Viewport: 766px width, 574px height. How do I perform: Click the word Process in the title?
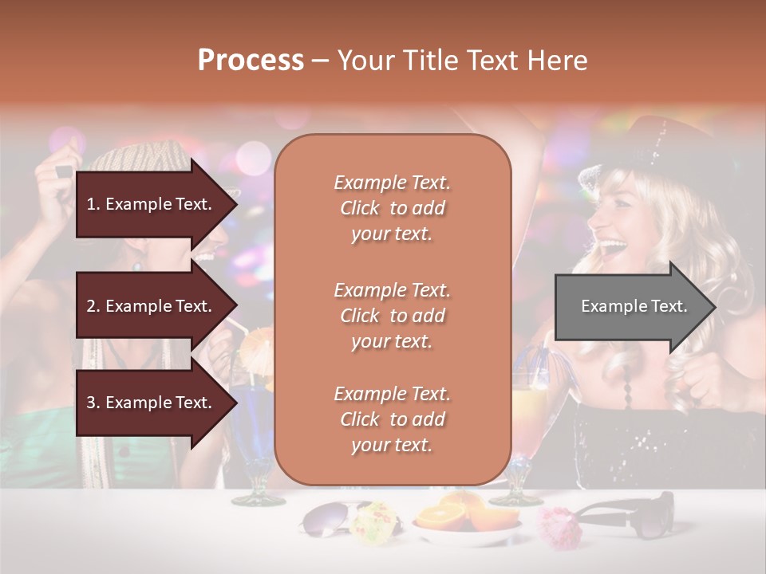(x=251, y=61)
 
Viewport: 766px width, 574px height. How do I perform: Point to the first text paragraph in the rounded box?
(x=392, y=208)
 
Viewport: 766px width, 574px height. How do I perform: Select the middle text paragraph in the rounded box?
(x=392, y=316)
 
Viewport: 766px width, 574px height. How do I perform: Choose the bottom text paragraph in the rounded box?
(x=392, y=419)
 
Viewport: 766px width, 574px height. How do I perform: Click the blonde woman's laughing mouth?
(x=613, y=246)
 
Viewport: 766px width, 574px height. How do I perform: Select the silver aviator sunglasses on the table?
(x=327, y=519)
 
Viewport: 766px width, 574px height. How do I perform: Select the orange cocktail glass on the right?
(x=527, y=415)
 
